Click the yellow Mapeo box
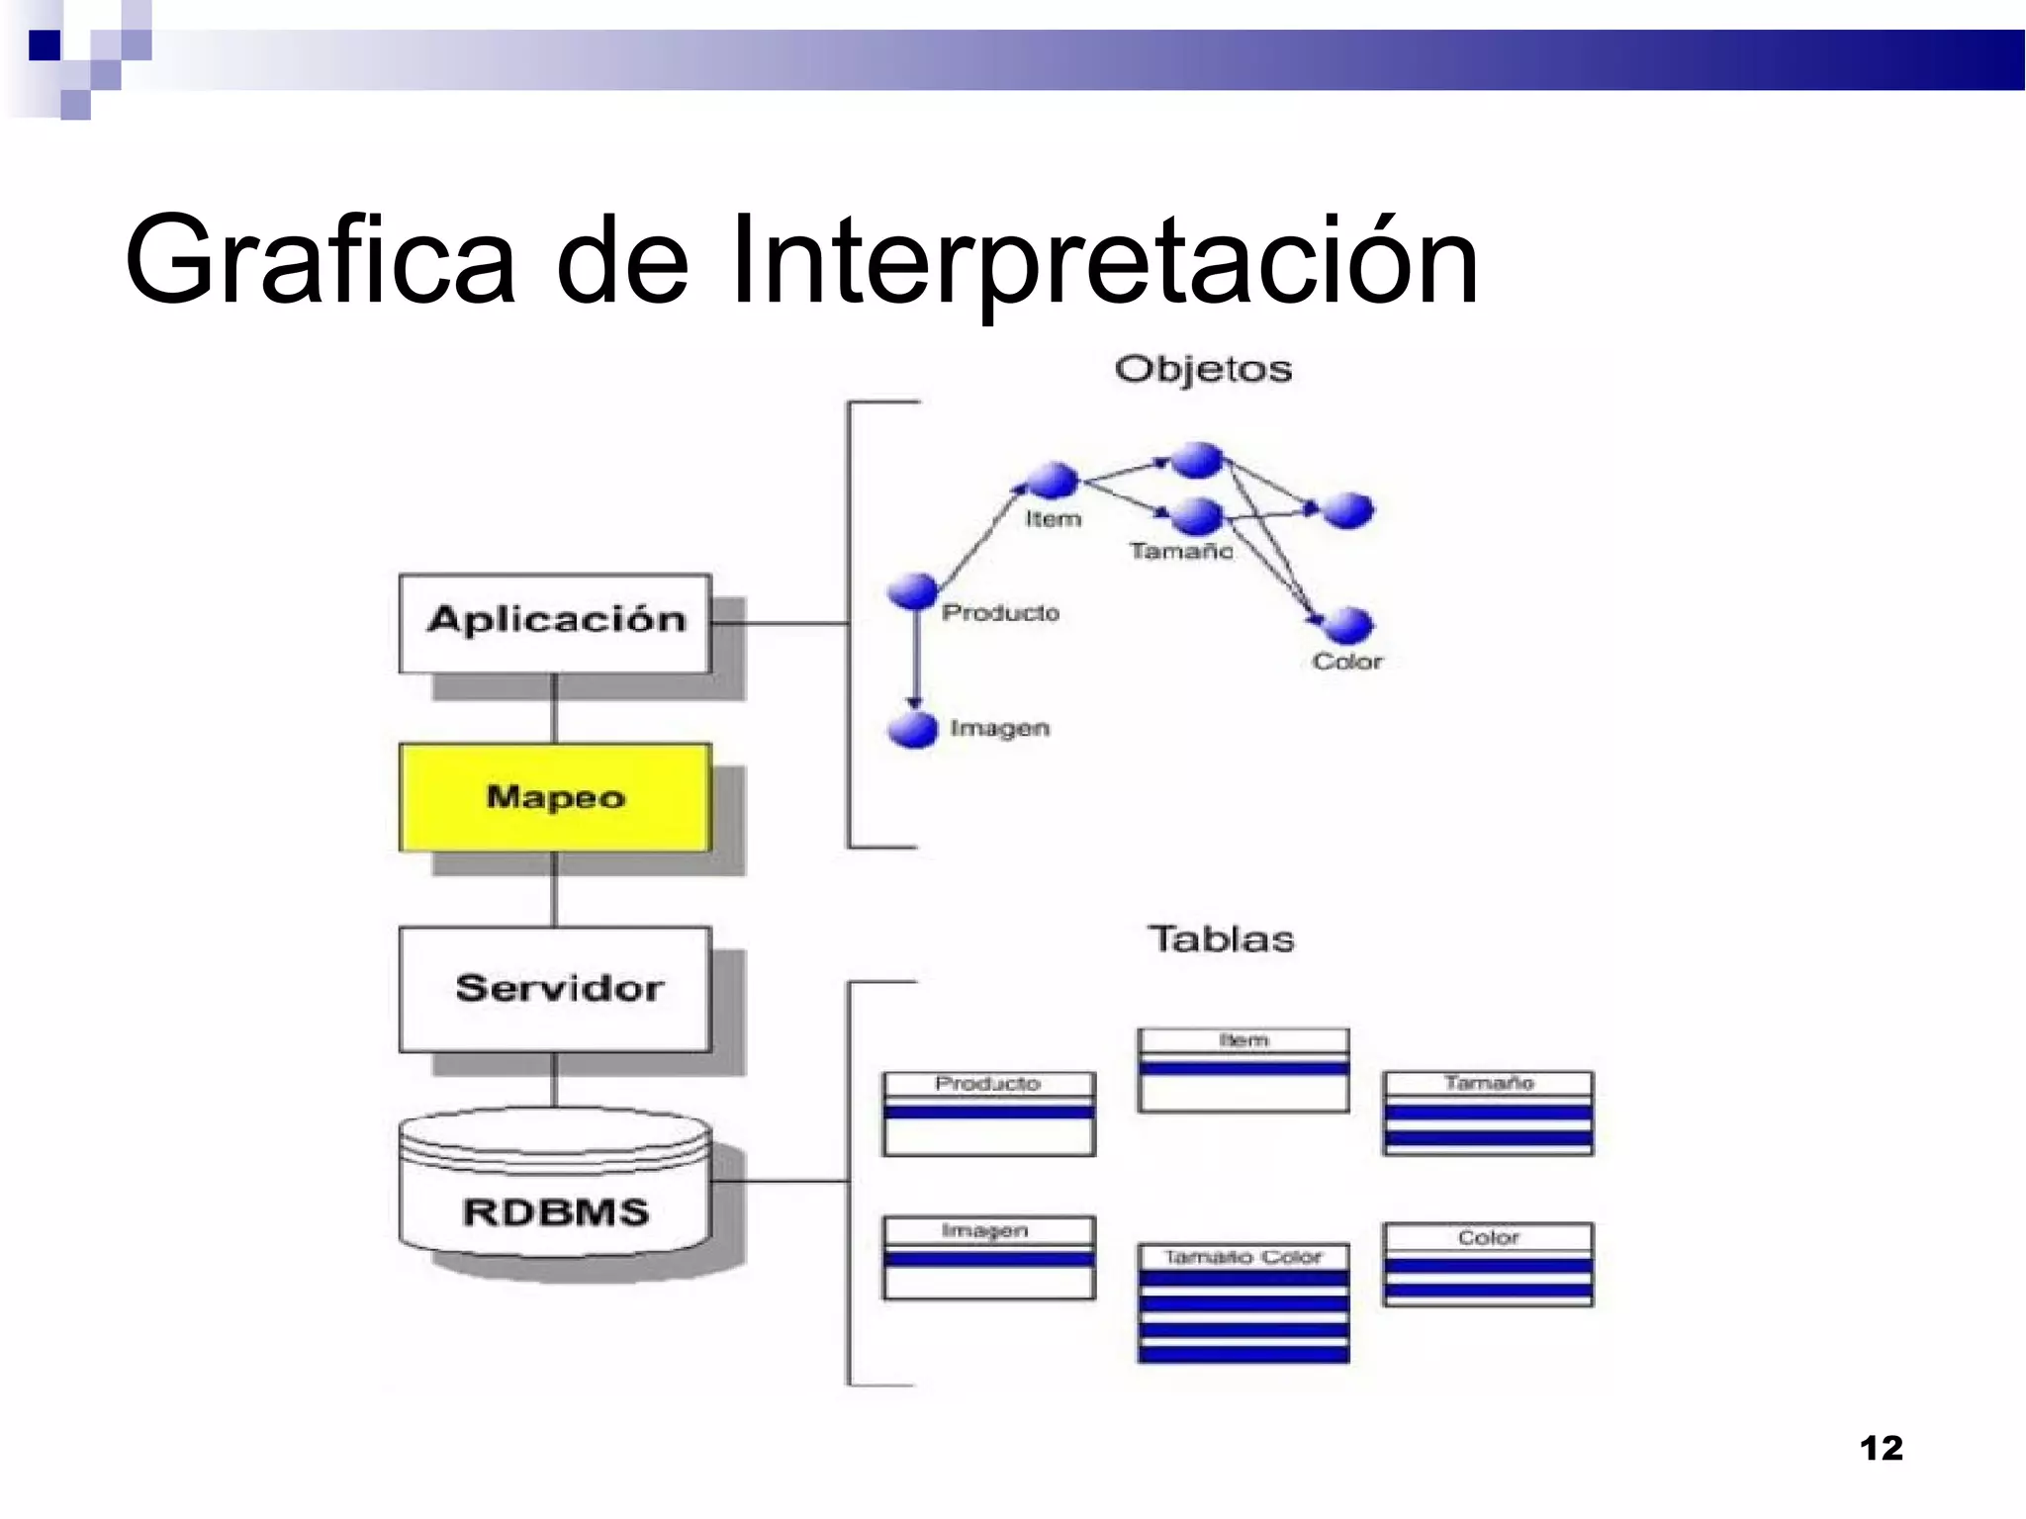pos(555,797)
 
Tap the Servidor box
pos(555,989)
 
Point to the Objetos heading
pos(1203,369)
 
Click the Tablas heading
pos(1221,938)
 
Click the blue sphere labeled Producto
pos(911,590)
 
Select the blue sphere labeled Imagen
pos(912,730)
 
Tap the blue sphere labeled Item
pos(1052,481)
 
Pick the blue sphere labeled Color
pos(1347,625)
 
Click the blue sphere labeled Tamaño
pos(1197,515)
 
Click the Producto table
pos(988,1114)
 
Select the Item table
pos(1243,1070)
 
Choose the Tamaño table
pos(1488,1113)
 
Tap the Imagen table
pos(988,1257)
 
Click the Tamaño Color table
pos(1243,1302)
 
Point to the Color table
pos(1488,1264)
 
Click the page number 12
pos(1881,1448)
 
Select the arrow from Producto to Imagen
pos(915,658)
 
